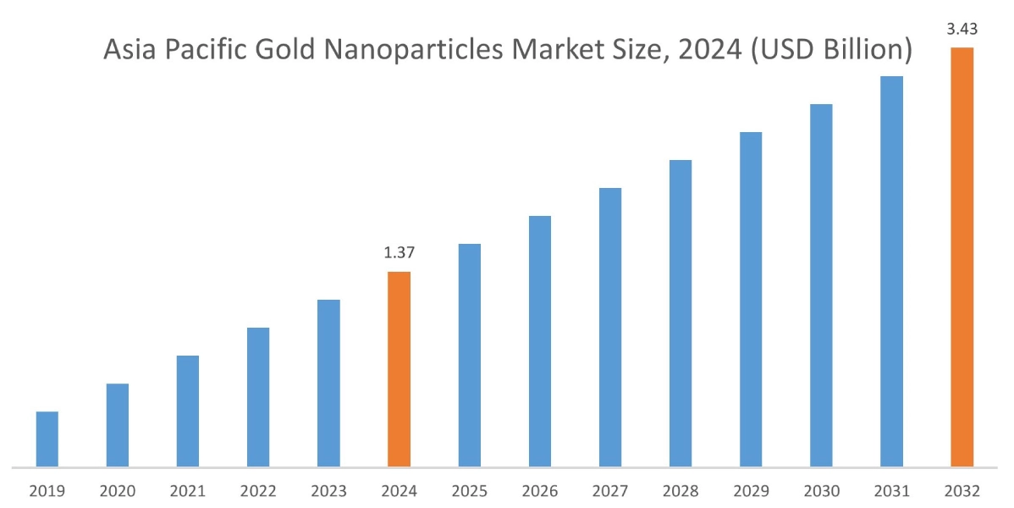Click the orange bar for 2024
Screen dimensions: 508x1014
[x=399, y=369]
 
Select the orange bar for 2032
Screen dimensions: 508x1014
[x=962, y=257]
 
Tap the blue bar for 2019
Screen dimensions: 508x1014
[x=47, y=439]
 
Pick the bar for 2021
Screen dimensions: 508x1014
[x=188, y=411]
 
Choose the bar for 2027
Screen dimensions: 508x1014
[x=610, y=327]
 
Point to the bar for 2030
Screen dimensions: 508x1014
[x=821, y=285]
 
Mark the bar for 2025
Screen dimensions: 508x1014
[x=470, y=355]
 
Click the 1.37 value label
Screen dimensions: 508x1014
[x=399, y=252]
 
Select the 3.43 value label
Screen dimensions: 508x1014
[x=962, y=30]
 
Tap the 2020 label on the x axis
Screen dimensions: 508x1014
[x=118, y=491]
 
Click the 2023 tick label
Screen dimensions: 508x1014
[x=328, y=491]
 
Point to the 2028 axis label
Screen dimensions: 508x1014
[x=681, y=491]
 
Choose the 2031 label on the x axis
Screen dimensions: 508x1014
[x=891, y=491]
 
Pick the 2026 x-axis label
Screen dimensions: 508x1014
[x=540, y=491]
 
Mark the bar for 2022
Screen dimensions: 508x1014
[x=258, y=397]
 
